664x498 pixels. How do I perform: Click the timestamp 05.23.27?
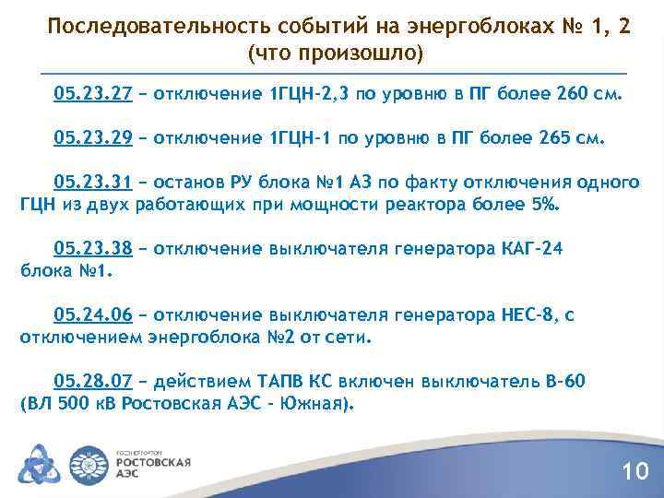[x=93, y=94]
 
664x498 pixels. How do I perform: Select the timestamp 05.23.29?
[x=93, y=138]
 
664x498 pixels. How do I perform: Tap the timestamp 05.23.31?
[x=93, y=182]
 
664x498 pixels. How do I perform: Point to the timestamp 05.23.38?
[x=93, y=249]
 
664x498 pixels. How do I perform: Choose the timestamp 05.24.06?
[x=93, y=316]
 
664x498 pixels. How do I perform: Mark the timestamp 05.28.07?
[x=93, y=382]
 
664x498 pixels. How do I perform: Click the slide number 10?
[x=635, y=472]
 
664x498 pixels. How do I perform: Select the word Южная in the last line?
[x=309, y=404]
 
